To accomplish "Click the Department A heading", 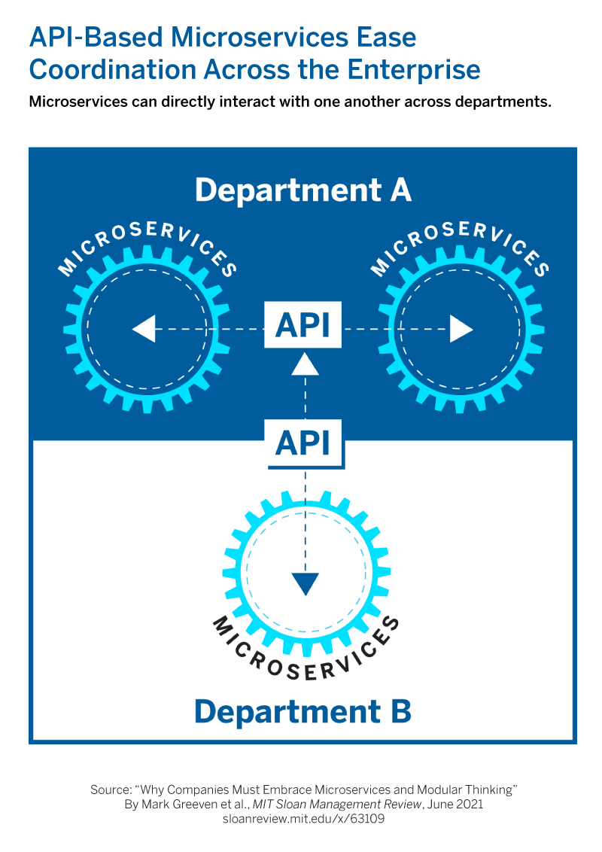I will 303,190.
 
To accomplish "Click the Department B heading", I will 303,711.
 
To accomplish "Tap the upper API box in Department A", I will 303,324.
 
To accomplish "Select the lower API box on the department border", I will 303,443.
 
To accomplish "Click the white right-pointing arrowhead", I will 461,329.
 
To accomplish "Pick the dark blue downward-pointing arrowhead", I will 305,584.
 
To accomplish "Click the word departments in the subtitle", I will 497,102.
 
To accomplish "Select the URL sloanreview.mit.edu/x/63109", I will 303,819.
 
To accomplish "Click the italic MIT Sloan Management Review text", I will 337,804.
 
